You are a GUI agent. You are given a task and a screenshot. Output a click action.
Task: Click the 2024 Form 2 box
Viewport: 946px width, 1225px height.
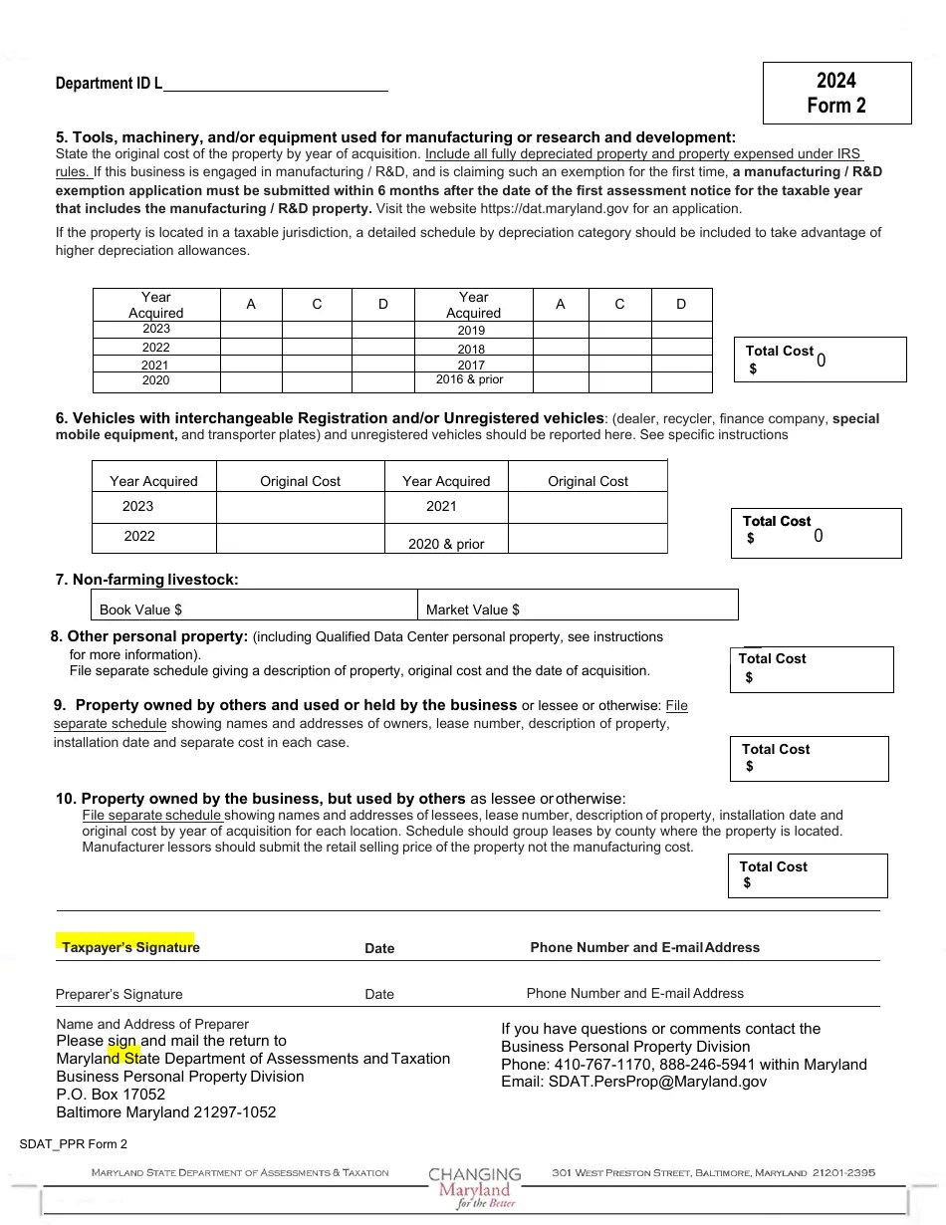(836, 93)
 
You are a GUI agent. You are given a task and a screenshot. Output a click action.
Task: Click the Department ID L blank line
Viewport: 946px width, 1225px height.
(275, 85)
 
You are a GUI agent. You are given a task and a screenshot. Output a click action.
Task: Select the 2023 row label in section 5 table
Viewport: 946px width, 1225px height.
(156, 329)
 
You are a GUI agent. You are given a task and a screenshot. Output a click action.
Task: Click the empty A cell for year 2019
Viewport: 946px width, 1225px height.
(561, 330)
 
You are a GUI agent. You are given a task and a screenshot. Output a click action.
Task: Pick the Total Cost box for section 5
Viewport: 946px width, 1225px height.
(820, 360)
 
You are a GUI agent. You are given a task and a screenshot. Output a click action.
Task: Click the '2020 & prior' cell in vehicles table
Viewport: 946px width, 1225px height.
(446, 544)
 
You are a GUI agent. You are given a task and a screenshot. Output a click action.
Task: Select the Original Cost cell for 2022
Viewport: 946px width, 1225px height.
(300, 537)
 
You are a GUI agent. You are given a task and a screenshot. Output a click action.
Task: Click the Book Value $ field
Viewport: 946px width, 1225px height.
(254, 609)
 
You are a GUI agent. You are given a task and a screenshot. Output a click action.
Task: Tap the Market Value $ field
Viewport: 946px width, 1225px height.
(578, 609)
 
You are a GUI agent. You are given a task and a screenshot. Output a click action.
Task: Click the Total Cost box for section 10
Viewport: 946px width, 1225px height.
(807, 875)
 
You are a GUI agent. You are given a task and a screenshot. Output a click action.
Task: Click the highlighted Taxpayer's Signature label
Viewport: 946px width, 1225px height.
(130, 947)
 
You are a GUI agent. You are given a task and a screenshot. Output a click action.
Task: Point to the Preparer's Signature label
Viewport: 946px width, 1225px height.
(119, 994)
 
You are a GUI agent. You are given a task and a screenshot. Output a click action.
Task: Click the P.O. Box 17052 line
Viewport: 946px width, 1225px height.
(111, 1095)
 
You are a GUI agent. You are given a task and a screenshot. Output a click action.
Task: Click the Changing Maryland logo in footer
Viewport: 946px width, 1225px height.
(475, 1187)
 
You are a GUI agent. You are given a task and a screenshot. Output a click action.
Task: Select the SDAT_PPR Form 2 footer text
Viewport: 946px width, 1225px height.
(74, 1144)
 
